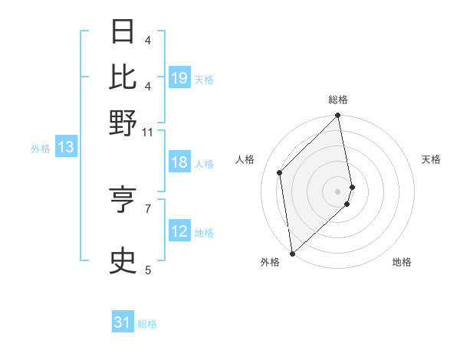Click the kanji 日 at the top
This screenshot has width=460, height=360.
[x=123, y=31]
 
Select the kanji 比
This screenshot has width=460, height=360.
[x=123, y=76]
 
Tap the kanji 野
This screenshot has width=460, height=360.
[x=123, y=122]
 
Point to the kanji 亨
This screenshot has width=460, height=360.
[x=123, y=198]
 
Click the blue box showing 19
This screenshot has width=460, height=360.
[x=179, y=78]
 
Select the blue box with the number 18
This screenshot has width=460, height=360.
[x=179, y=163]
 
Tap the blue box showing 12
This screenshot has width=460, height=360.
[x=179, y=232]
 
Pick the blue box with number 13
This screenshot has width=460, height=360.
[x=65, y=148]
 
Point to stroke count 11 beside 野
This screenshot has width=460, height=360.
[x=148, y=132]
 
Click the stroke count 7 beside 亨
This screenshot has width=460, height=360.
[x=149, y=208]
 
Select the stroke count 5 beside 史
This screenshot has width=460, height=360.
[x=149, y=269]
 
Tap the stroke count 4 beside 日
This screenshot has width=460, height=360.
[x=149, y=40]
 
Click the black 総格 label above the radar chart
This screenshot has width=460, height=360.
[x=338, y=100]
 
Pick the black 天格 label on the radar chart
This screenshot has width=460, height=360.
[x=431, y=159]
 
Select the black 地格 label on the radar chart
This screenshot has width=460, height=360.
[x=402, y=262]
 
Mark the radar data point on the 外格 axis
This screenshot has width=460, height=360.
[x=292, y=253]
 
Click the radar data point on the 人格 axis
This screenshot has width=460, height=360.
[x=280, y=172]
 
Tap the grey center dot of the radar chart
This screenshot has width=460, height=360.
[x=338, y=191]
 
